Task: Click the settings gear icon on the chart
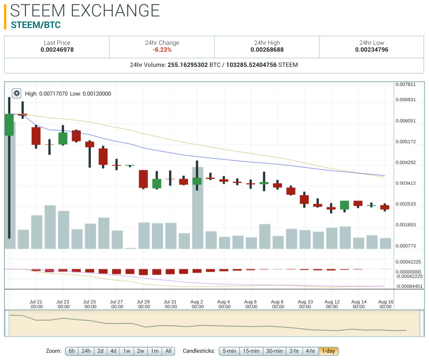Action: [x=16, y=93]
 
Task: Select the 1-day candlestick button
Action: [x=328, y=351]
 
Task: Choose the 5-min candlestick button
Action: [x=229, y=351]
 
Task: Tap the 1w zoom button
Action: [x=127, y=351]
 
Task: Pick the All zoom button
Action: [x=168, y=351]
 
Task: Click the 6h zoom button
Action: [x=72, y=351]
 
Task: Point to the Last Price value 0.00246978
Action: [x=57, y=50]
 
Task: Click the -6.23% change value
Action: [x=162, y=50]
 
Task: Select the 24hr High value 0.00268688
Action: [x=267, y=50]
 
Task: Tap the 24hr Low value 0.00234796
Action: [x=372, y=50]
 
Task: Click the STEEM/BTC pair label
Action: [x=36, y=25]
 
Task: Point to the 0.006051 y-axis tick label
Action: [x=405, y=121]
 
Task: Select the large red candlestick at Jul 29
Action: [x=143, y=179]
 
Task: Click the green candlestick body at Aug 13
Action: [x=344, y=205]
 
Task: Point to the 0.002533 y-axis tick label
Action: [x=405, y=204]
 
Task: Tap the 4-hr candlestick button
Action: [x=310, y=351]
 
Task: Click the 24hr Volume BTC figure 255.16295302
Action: [x=188, y=65]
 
